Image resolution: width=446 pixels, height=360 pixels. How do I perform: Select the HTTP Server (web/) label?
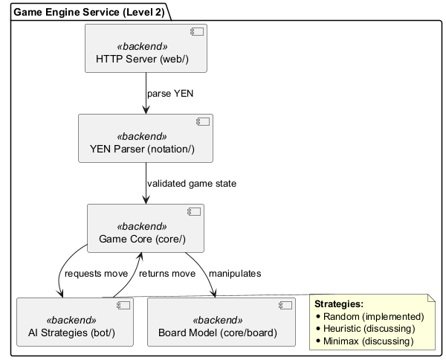[x=146, y=59]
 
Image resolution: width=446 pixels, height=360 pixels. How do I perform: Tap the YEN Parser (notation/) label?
[x=146, y=149]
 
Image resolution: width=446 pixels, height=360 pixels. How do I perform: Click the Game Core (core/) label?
[x=146, y=239]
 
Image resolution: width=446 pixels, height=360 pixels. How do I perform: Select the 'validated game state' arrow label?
[x=192, y=184]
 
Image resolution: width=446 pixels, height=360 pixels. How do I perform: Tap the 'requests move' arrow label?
[x=97, y=274]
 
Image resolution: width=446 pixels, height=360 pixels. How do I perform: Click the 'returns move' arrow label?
[x=167, y=274]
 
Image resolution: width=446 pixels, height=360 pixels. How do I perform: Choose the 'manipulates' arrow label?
[x=235, y=274]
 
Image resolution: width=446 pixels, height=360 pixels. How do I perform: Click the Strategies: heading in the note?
[x=339, y=304]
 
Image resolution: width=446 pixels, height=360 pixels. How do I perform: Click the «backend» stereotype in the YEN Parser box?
[x=142, y=137]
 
